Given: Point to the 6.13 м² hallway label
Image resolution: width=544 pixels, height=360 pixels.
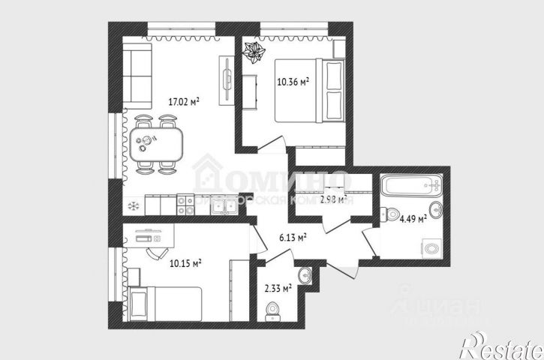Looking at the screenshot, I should coord(291,238).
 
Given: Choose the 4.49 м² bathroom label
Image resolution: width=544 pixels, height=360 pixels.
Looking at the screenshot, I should coord(413,219).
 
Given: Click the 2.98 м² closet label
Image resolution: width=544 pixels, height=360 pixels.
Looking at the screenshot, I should coord(332,199).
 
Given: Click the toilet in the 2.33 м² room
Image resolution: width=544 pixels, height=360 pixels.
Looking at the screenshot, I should coord(273,308).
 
